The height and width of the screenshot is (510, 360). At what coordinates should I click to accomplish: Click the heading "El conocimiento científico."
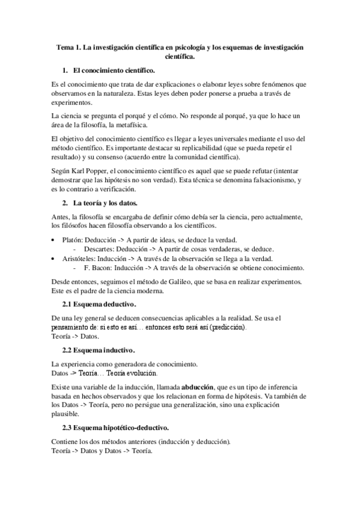pyautogui.click(x=113, y=70)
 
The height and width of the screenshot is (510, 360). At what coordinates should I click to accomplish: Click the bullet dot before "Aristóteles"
pyautogui.click(x=55, y=259)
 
